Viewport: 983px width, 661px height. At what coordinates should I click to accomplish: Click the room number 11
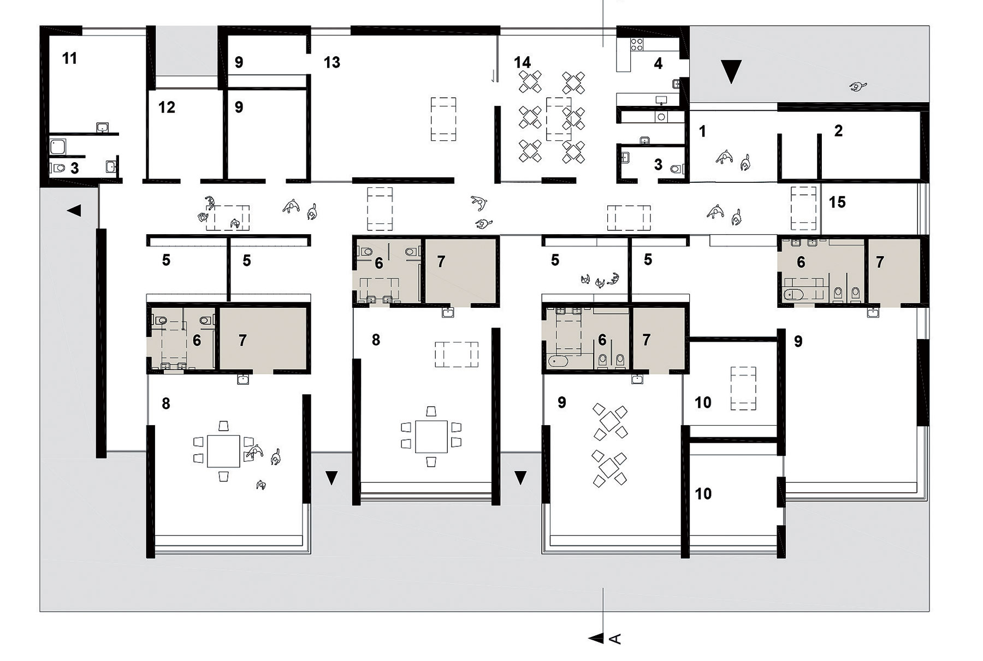point(69,58)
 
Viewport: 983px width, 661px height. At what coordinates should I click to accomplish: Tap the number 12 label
point(167,107)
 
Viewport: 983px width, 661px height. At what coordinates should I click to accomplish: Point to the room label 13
point(331,62)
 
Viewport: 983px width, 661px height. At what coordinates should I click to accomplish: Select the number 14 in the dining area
point(522,62)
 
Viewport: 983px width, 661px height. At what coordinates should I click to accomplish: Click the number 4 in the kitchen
point(658,64)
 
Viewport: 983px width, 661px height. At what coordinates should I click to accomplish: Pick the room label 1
point(702,131)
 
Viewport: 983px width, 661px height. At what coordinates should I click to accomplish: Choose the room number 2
point(838,130)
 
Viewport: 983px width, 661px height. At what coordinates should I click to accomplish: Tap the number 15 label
point(837,202)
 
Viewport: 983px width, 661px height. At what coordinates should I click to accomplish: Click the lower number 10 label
point(703,493)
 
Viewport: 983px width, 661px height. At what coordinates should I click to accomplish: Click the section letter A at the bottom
point(615,639)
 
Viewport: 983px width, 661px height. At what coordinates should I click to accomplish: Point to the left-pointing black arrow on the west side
point(74,210)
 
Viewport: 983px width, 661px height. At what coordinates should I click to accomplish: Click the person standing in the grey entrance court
point(858,86)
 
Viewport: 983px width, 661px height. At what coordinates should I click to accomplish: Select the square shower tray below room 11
point(58,146)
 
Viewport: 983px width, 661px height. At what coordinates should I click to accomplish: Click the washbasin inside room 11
point(102,128)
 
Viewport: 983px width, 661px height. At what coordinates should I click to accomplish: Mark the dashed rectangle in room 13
point(443,119)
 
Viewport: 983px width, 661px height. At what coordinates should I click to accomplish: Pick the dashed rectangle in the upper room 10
point(743,389)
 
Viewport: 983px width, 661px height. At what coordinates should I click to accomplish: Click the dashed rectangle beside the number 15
point(803,208)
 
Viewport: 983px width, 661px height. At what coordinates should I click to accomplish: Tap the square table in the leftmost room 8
point(223,451)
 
